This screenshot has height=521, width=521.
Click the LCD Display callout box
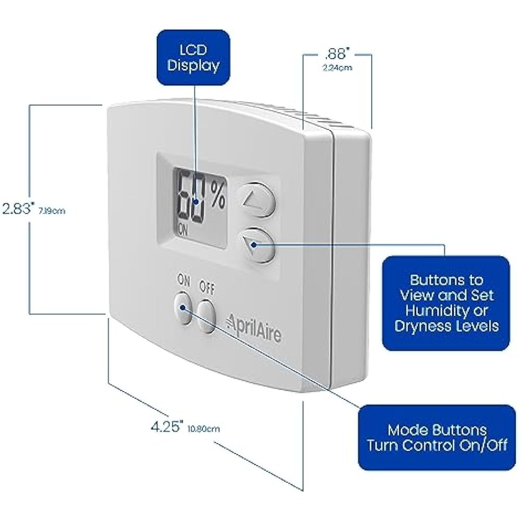[x=193, y=57]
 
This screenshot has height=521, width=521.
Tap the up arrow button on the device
[x=256, y=199]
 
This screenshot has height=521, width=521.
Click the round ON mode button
[x=182, y=308]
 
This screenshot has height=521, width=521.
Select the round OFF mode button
[x=206, y=316]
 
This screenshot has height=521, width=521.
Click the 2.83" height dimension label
[x=17, y=209]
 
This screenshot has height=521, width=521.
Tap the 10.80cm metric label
[x=204, y=429]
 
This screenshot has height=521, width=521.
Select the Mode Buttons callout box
[x=437, y=437]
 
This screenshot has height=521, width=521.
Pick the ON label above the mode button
[x=184, y=280]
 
